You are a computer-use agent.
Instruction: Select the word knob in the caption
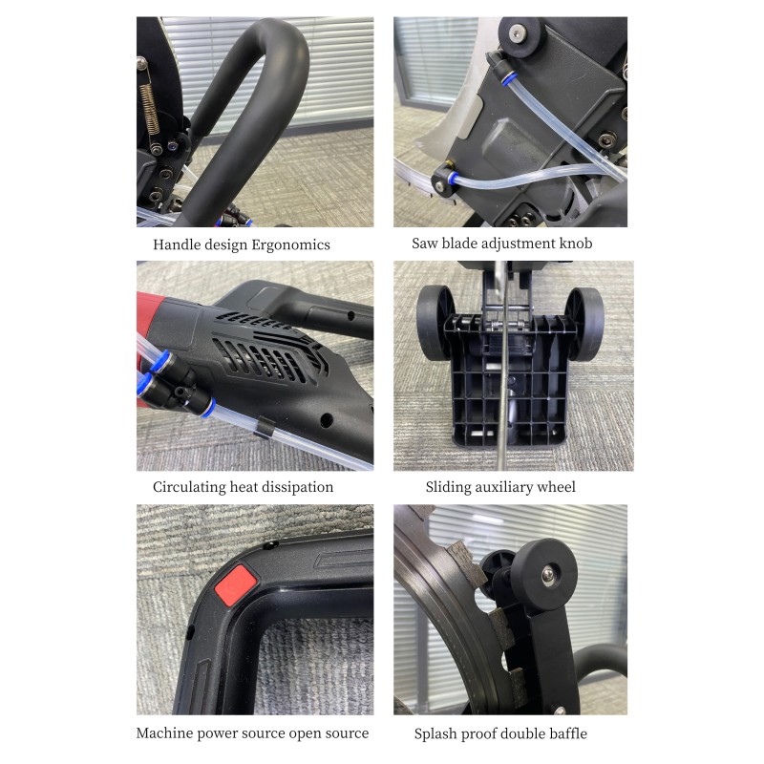pos(574,244)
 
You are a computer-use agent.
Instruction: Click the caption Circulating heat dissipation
pos(243,487)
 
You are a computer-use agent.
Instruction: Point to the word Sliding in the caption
pos(448,487)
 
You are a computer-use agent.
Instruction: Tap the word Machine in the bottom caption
pos(164,733)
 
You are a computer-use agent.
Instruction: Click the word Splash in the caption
pos(435,733)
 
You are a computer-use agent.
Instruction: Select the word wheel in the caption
pos(555,487)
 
